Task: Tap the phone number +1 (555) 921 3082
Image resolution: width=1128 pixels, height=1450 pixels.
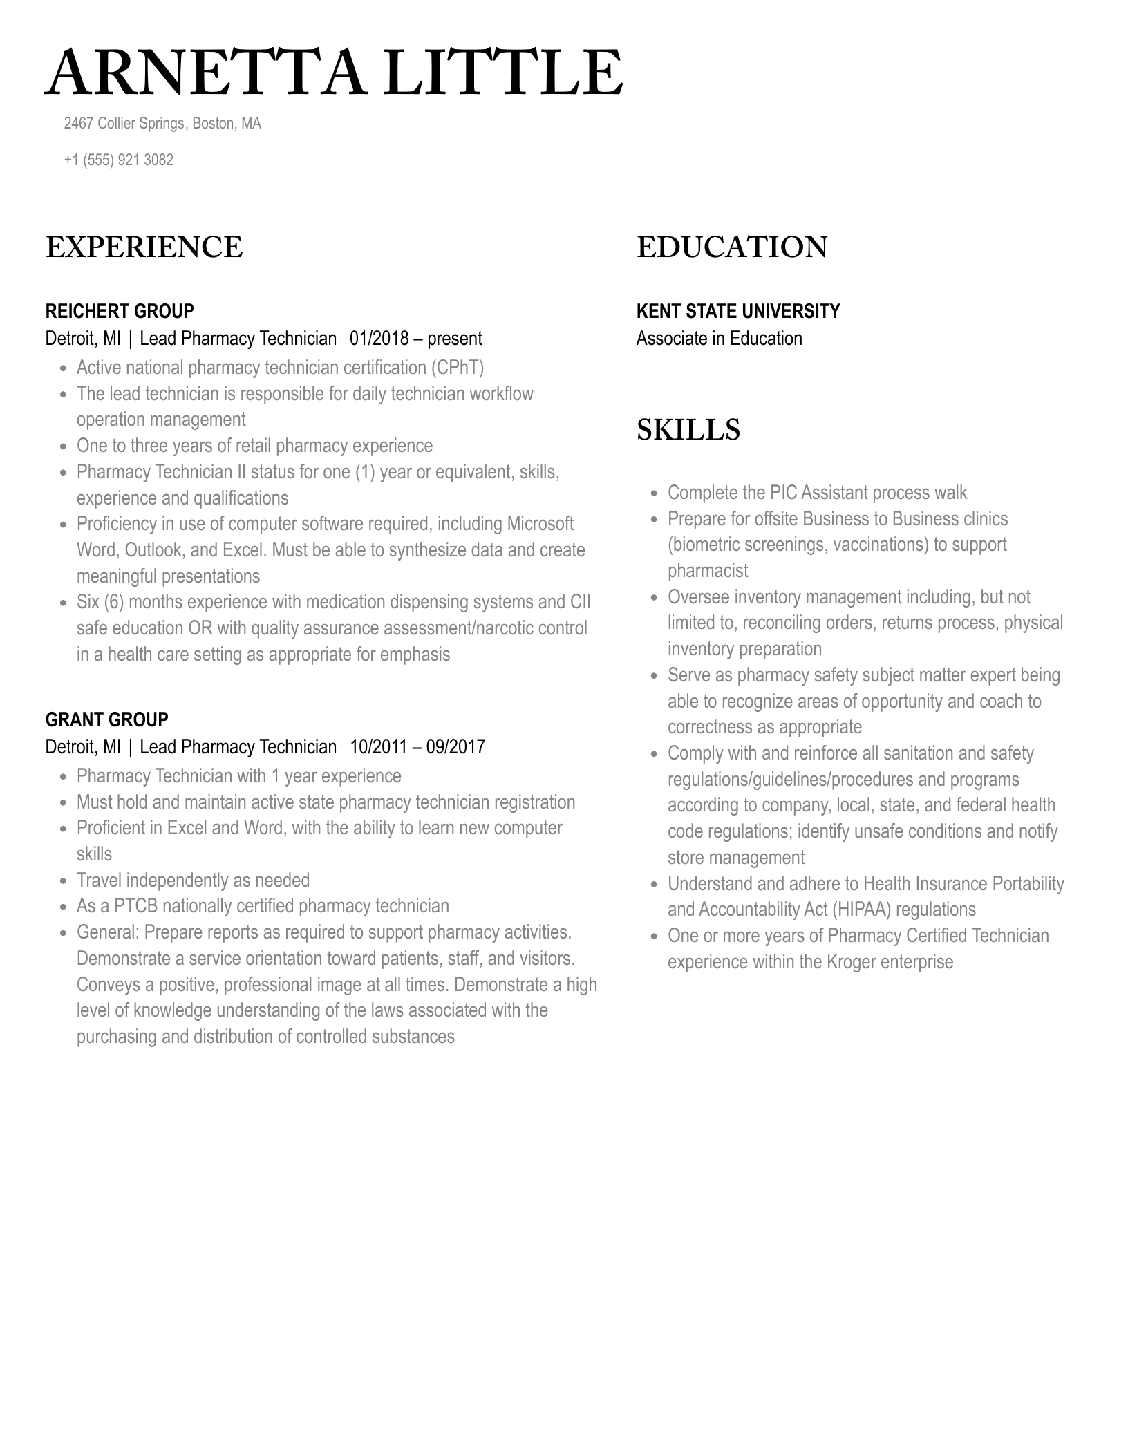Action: (118, 160)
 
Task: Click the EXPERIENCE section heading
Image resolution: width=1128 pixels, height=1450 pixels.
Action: (144, 247)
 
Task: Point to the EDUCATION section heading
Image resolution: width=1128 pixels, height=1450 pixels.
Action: (732, 247)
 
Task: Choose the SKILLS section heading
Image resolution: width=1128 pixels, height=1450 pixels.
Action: (688, 430)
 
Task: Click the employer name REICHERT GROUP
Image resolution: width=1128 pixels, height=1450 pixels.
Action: (120, 311)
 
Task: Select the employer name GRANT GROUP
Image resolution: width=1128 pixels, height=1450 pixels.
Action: (106, 719)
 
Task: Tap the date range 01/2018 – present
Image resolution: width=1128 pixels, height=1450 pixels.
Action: (415, 339)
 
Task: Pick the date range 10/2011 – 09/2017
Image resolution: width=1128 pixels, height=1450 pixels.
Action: (417, 747)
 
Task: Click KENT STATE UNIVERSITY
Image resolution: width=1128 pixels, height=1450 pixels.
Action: (737, 311)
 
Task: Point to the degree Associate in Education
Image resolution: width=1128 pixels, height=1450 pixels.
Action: (719, 339)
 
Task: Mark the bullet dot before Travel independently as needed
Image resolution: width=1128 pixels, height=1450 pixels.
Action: (64, 881)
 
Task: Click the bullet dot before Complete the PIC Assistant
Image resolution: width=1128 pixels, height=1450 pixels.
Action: (655, 493)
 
